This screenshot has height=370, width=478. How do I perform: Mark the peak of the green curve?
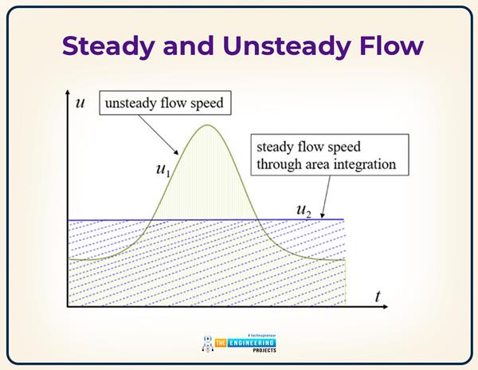click(x=209, y=125)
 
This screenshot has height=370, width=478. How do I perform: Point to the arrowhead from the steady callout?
click(x=323, y=216)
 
